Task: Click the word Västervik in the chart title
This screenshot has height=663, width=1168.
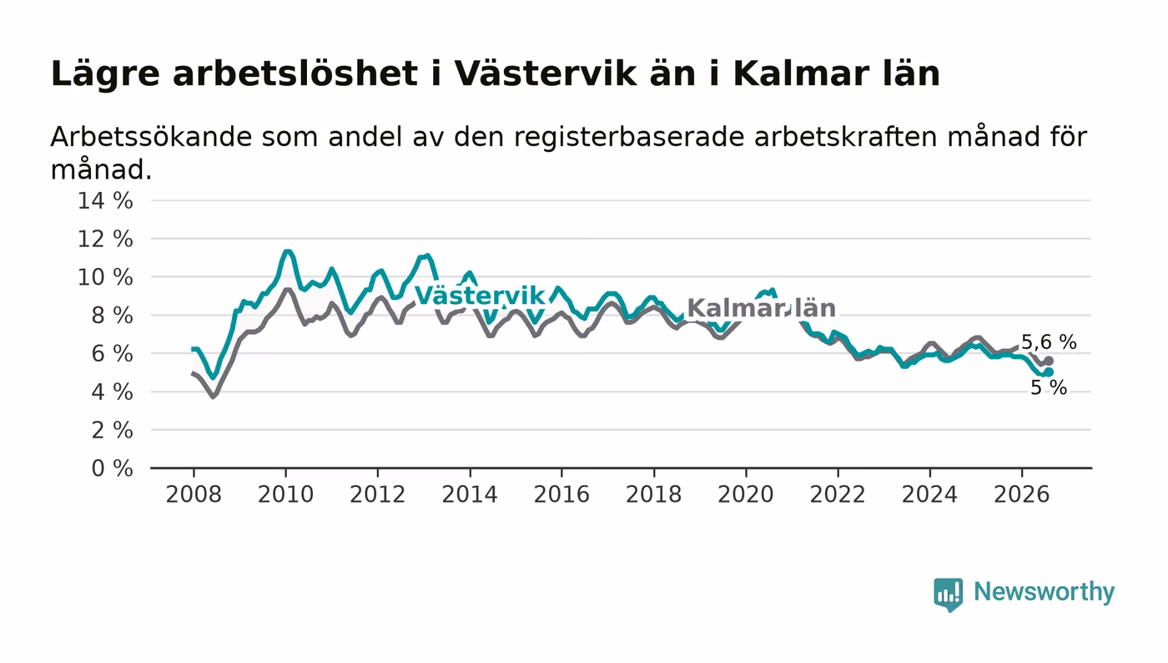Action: (545, 73)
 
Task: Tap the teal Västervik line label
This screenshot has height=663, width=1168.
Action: (480, 296)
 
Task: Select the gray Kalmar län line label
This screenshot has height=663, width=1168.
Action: (761, 308)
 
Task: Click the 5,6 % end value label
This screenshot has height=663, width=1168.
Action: (1049, 342)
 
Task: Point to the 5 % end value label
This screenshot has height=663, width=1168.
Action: (1049, 388)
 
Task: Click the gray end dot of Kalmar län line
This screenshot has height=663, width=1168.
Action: (1049, 361)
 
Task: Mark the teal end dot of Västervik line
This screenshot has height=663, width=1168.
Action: (1049, 372)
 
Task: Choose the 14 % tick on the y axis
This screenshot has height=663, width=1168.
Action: (105, 201)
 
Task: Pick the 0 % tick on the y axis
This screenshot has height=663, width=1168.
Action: (112, 468)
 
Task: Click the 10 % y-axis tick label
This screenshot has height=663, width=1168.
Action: (105, 278)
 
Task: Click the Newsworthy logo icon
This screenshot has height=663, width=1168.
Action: (948, 595)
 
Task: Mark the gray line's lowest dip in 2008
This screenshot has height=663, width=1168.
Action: (213, 397)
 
